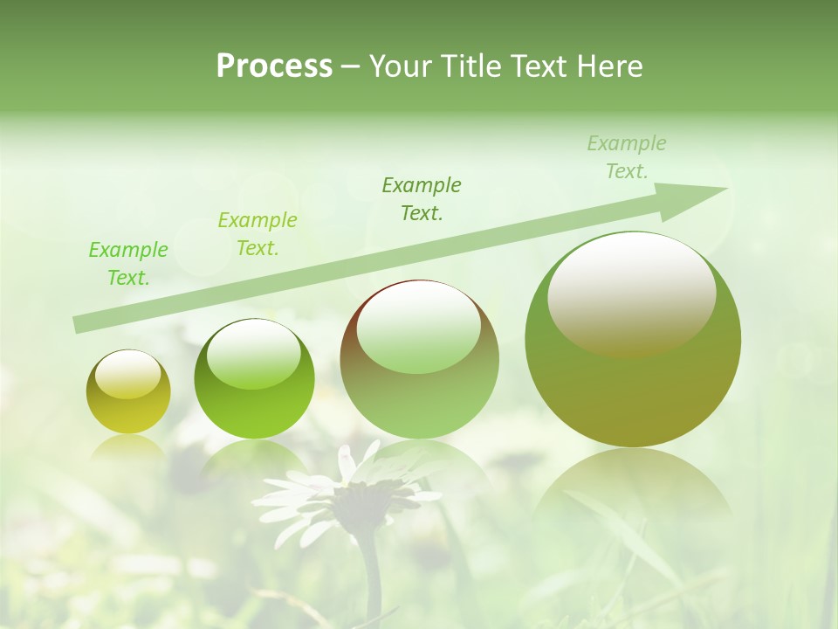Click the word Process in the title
274,66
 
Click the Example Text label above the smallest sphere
127,264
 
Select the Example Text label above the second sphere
257,234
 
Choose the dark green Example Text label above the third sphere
422,198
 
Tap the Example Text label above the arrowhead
627,156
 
